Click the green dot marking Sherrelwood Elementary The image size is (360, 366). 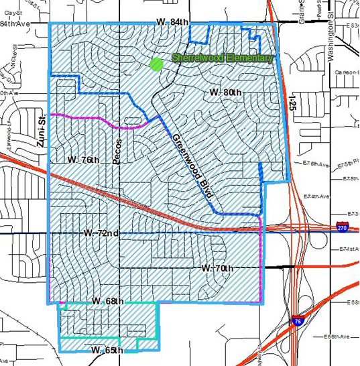click(x=156, y=64)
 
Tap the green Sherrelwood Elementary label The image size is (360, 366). click(x=223, y=58)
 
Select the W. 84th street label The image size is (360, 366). click(x=172, y=22)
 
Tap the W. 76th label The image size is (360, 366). click(x=84, y=160)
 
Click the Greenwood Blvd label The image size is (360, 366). click(x=192, y=168)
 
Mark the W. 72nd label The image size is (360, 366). click(x=101, y=233)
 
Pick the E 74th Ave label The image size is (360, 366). click(x=318, y=196)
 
